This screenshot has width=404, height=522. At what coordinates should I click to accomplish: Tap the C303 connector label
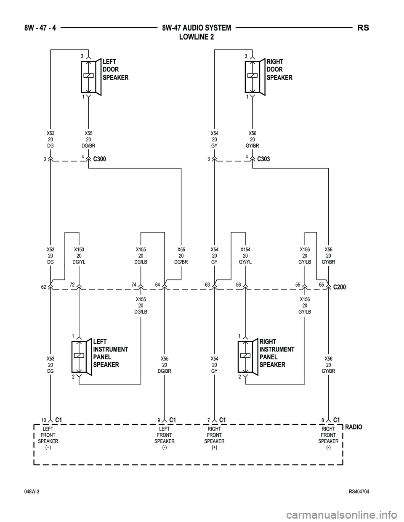(263, 159)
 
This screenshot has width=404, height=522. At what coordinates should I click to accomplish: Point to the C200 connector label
(340, 287)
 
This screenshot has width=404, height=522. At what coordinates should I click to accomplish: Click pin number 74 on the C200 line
(134, 285)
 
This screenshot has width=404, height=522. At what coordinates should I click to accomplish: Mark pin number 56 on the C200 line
(238, 285)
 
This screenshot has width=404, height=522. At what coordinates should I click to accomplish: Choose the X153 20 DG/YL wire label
(79, 256)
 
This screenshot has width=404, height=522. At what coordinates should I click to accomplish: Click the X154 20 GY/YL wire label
(245, 256)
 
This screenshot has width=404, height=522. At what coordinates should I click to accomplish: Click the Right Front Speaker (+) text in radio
(214, 438)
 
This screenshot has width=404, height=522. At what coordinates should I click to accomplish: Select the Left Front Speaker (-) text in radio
(165, 438)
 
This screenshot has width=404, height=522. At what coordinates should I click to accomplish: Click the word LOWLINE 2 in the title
(197, 37)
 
